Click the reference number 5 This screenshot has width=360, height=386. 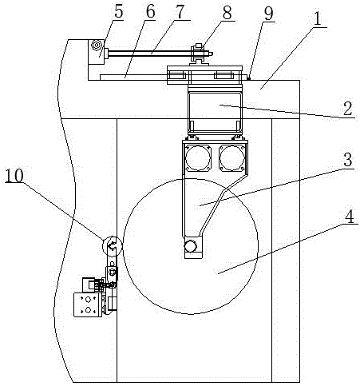119,11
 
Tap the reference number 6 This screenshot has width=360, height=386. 150,11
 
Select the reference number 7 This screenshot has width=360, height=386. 180,11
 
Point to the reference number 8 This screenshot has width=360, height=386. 227,12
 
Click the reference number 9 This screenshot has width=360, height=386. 268,13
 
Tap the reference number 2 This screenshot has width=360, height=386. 348,108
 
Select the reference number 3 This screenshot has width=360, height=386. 348,159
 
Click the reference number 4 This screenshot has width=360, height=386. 350,216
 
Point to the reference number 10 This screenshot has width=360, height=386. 14,175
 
